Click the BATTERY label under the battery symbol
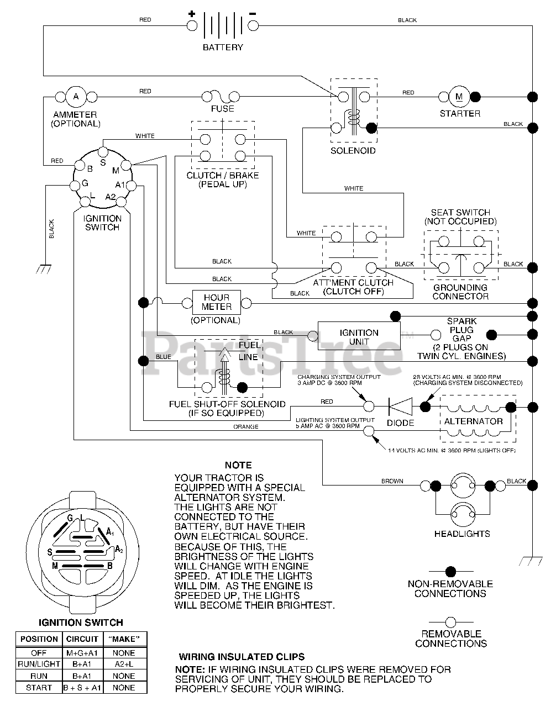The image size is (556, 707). tap(223, 48)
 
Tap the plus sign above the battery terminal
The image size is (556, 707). tap(192, 14)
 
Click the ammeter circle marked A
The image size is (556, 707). tap(76, 97)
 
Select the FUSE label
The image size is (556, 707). tap(223, 109)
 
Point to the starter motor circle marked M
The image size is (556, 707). tap(459, 97)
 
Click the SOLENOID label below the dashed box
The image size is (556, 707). tap(353, 151)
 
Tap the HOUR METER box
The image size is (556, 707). tap(217, 302)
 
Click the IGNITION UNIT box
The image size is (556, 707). tap(359, 336)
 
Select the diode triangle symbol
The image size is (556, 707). tap(400, 407)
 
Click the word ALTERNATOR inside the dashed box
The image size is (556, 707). tap(473, 421)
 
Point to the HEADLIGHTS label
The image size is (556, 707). tap(462, 534)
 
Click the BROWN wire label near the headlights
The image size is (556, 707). tap(392, 481)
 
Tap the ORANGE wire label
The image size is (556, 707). tap(246, 426)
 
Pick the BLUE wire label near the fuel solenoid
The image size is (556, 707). tap(164, 357)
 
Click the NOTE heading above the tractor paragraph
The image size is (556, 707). tap(238, 465)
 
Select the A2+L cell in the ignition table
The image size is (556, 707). tap(124, 664)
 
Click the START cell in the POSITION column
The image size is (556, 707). tap(39, 688)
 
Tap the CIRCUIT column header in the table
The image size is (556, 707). tap(82, 639)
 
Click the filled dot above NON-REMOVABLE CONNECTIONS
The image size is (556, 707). tap(450, 571)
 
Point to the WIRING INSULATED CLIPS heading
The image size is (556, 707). tap(242, 657)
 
